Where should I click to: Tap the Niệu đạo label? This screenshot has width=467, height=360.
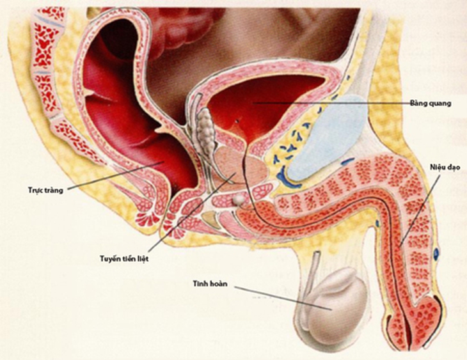click(441, 168)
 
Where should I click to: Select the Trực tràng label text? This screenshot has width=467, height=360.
click(46, 191)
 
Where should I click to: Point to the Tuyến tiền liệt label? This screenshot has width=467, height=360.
click(124, 258)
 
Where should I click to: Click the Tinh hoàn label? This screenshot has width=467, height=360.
click(210, 284)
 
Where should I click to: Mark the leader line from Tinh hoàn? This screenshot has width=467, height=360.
click(283, 299)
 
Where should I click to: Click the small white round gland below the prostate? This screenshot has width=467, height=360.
click(239, 199)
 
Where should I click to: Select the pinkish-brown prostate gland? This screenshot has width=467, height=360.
click(241, 165)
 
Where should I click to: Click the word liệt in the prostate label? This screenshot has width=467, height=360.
click(143, 258)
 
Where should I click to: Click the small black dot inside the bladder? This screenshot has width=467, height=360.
click(237, 121)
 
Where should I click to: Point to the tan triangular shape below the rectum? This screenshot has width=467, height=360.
click(211, 219)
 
